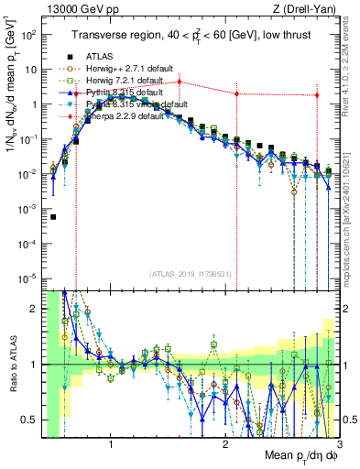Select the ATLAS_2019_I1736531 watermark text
(x=191, y=274)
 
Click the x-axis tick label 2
(x=225, y=446)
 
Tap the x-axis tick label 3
(x=338, y=446)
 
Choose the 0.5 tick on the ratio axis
(x=32, y=420)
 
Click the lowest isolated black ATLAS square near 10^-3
(x=54, y=217)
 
